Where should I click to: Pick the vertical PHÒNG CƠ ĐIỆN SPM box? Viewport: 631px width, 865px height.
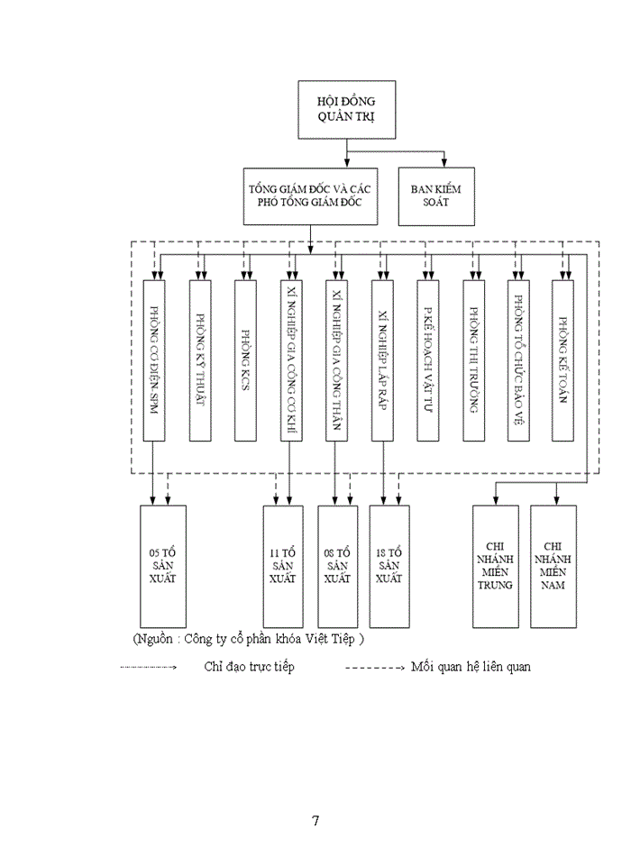[154, 361]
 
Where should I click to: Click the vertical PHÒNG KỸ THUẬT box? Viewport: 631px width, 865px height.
[200, 361]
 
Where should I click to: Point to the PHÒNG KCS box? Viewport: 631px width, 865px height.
[245, 361]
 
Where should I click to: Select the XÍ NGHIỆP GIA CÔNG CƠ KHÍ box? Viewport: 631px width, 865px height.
[291, 361]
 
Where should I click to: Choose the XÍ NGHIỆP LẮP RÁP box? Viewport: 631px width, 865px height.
[382, 361]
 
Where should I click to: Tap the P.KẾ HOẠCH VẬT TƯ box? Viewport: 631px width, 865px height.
[428, 361]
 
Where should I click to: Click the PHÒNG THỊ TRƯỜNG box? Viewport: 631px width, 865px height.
[474, 361]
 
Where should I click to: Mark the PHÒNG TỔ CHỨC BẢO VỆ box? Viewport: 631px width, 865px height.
[519, 361]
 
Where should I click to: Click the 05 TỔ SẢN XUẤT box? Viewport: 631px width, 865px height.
[162, 566]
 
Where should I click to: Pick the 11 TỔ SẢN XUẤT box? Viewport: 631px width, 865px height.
[283, 566]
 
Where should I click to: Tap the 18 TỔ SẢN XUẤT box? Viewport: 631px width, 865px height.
[389, 566]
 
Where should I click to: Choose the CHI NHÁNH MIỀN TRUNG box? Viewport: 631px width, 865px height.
[496, 566]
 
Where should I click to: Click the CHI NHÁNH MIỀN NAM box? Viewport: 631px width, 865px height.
[553, 566]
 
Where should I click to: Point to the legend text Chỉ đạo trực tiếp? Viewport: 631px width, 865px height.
[249, 667]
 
